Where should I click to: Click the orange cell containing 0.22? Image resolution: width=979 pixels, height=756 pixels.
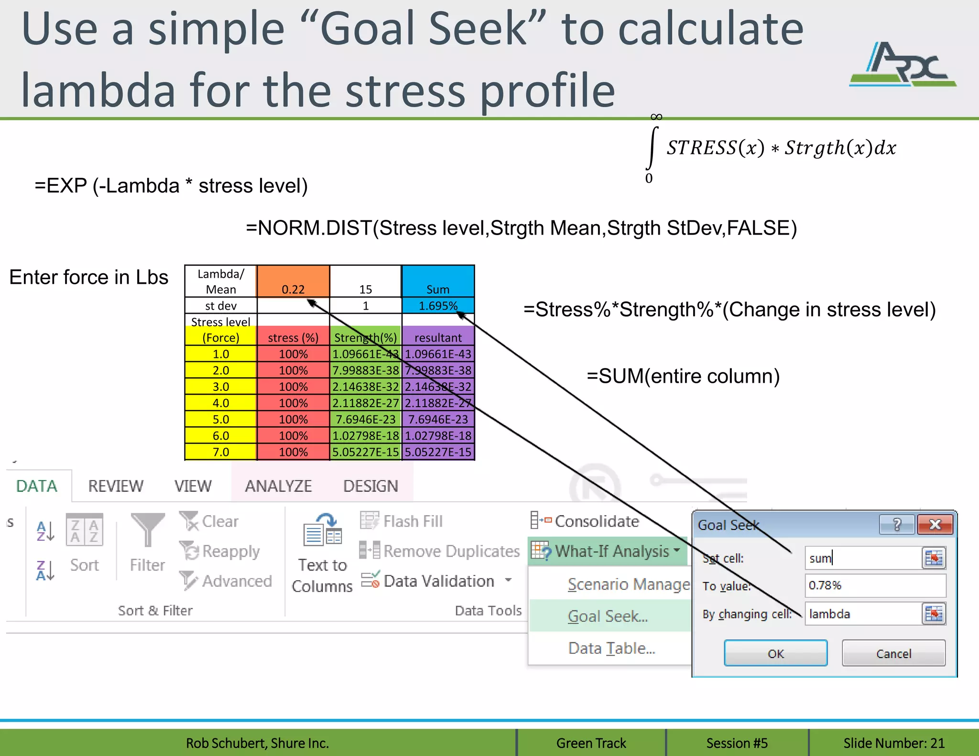click(293, 281)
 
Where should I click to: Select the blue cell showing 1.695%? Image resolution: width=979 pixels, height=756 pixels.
click(438, 305)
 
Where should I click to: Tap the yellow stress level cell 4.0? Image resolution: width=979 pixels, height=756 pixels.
click(221, 403)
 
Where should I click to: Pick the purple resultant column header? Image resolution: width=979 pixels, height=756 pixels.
click(438, 337)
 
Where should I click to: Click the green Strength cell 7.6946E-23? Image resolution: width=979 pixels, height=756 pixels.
click(366, 419)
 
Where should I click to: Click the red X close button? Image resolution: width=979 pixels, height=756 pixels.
click(935, 525)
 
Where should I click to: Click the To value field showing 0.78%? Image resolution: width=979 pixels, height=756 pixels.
click(874, 585)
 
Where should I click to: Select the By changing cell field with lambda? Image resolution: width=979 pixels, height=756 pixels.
click(863, 614)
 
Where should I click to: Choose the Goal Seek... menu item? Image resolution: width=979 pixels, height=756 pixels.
click(608, 616)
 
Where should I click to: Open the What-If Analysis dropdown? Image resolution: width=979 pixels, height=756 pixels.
click(607, 551)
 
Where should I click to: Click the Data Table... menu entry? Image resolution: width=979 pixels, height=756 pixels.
click(611, 648)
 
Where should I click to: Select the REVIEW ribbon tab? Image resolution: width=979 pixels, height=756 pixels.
click(116, 486)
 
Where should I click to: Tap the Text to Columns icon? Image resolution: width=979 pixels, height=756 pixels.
click(322, 530)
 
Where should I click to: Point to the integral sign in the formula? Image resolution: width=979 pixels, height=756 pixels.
click(652, 148)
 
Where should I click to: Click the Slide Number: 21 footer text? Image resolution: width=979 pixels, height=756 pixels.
click(893, 743)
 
